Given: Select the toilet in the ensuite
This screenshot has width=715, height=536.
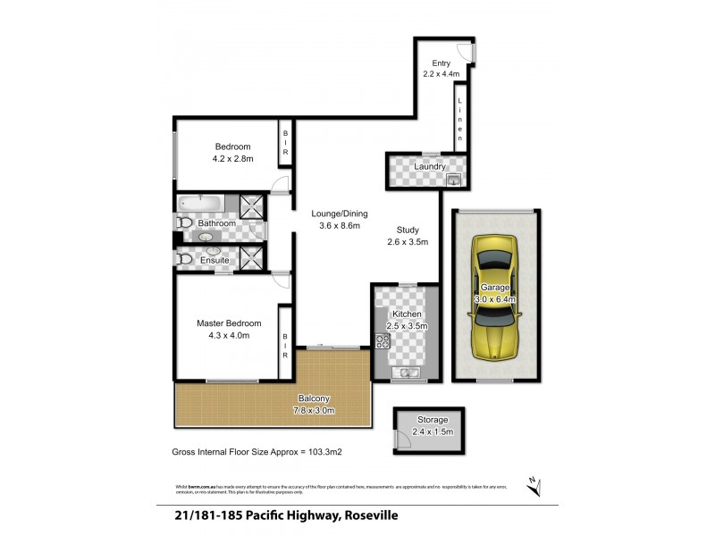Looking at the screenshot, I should [185, 259].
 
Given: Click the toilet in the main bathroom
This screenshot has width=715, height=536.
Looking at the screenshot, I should [185, 222].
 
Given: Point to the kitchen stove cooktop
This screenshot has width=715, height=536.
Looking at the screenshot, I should [383, 341].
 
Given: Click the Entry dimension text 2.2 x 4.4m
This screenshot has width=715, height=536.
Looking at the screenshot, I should [441, 74].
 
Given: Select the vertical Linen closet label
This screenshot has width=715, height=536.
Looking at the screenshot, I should [460, 118].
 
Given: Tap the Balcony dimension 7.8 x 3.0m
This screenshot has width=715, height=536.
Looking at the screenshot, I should [314, 411].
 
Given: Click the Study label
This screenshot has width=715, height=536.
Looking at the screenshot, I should [408, 230].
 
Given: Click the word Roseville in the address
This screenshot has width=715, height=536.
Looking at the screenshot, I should [366, 516].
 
